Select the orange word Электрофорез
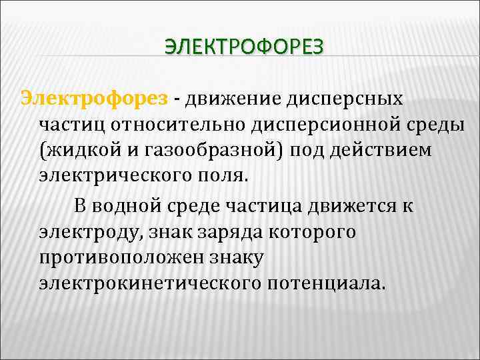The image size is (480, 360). pyautogui.click(x=94, y=99)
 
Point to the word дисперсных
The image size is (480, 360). pyautogui.click(x=345, y=99)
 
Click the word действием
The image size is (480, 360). pyautogui.click(x=383, y=151)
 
